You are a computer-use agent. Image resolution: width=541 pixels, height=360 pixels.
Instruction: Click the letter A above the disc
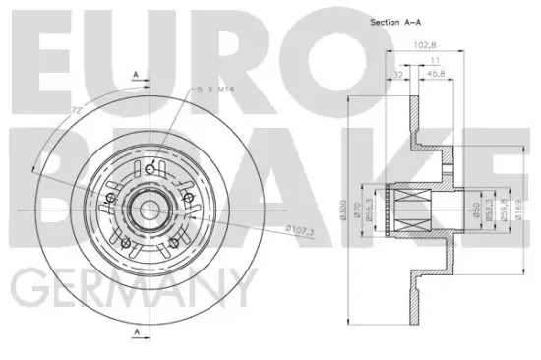[135, 75]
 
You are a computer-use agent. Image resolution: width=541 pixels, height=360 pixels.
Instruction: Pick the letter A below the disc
[135, 331]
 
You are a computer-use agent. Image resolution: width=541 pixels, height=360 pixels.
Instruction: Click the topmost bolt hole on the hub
[149, 170]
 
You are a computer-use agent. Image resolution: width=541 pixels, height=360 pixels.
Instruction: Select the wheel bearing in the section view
[410, 208]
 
